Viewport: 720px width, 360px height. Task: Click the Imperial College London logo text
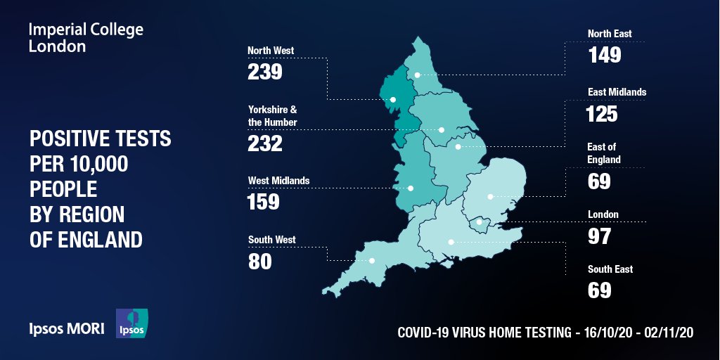tap(86, 38)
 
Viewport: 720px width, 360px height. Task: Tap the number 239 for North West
tap(264, 72)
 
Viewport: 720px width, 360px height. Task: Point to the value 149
tap(605, 55)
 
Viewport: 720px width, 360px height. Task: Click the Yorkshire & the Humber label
tap(273, 116)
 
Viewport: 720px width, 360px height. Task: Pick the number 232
tap(264, 143)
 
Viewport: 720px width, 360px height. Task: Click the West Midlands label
tap(278, 181)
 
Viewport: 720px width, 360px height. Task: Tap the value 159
tap(263, 202)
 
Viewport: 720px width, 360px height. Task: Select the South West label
tap(271, 240)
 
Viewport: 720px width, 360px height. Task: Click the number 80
tap(259, 261)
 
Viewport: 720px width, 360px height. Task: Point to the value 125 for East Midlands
tap(603, 113)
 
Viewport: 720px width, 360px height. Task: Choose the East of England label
tap(604, 153)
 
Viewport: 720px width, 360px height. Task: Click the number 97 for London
tap(599, 236)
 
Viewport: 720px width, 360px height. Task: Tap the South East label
tap(610, 269)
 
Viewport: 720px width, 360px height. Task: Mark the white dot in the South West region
tap(372, 261)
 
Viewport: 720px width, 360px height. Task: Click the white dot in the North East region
tap(417, 75)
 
